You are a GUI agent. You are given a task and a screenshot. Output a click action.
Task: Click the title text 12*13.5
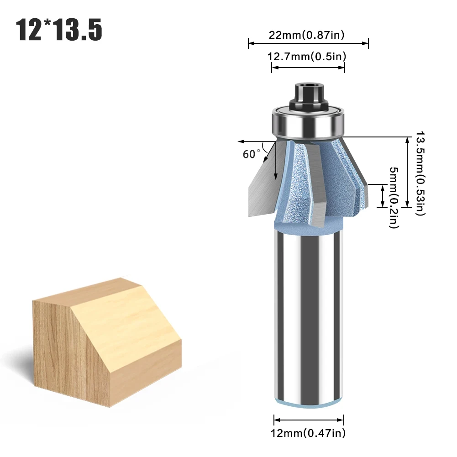[x=59, y=30]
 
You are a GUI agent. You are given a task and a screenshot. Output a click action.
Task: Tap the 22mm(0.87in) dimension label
[x=306, y=35]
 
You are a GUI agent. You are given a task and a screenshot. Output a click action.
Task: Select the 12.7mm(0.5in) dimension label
[x=307, y=56]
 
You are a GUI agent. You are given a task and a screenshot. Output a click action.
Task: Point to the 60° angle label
[x=252, y=154]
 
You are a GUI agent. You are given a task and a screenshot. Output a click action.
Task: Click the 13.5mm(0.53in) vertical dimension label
[x=420, y=173]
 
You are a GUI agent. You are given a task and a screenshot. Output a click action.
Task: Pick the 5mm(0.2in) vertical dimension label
[x=394, y=198]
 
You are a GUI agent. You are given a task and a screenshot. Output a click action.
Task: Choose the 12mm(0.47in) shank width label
[x=308, y=433]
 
